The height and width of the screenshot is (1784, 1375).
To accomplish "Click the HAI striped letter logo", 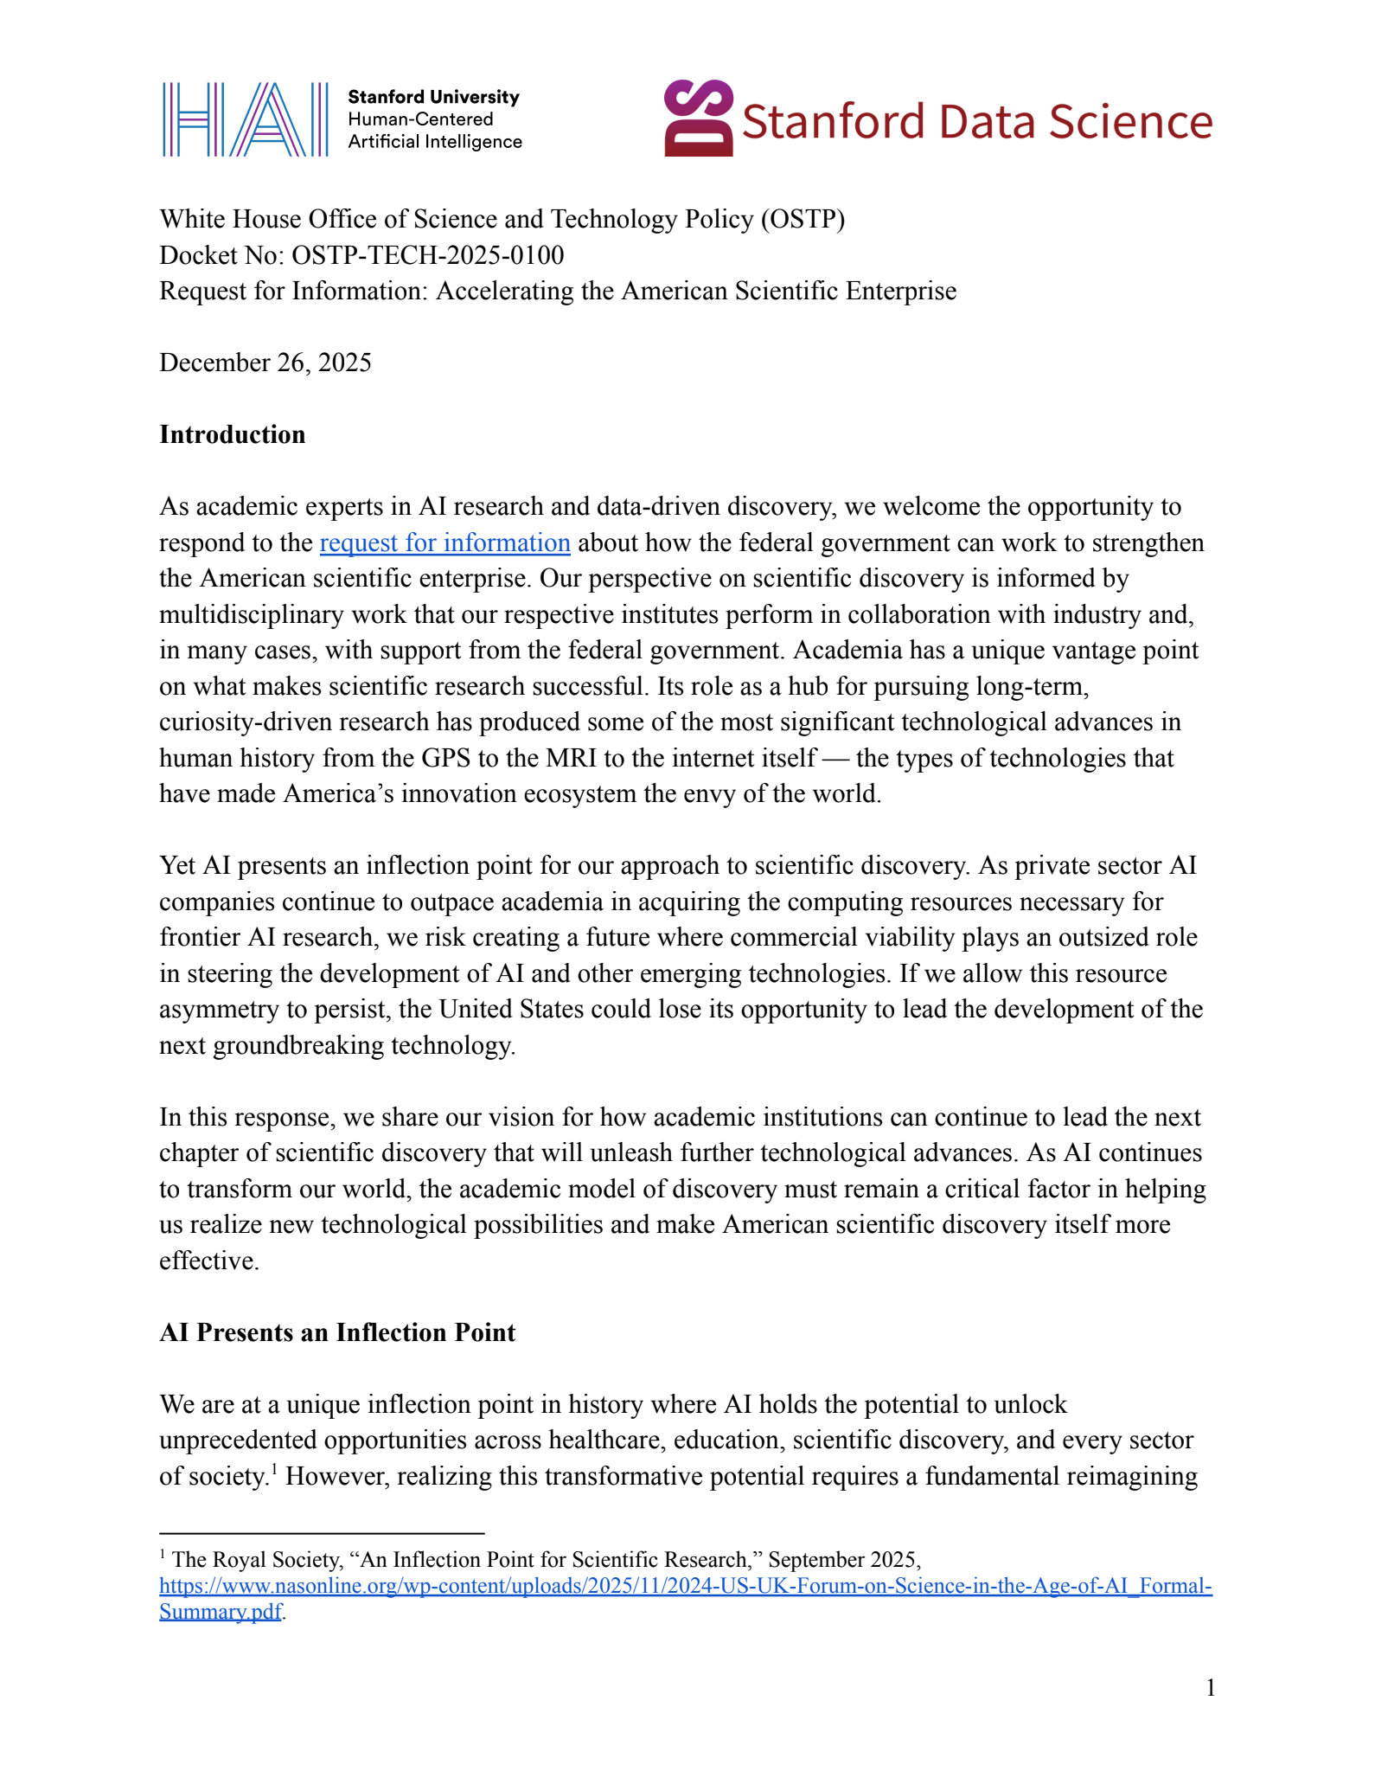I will [245, 119].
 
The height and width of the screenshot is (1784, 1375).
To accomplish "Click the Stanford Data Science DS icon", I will [698, 119].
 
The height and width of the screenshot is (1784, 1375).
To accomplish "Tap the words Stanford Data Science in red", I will [977, 122].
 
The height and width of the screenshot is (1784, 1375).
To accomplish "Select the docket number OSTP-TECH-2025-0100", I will [428, 255].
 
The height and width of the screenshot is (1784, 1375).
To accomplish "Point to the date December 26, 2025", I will [265, 363].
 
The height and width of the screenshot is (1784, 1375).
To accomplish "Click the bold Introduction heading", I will [232, 434].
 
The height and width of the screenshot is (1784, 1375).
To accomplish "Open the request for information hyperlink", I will [444, 543].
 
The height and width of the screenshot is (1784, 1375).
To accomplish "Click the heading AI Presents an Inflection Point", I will [337, 1332].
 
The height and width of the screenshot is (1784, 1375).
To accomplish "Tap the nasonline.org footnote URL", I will [685, 1587].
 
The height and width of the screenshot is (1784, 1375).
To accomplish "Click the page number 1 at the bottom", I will [1211, 1688].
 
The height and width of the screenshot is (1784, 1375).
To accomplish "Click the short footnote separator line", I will [321, 1534].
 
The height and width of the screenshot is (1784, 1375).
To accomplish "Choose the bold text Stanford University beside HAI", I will [433, 97].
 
